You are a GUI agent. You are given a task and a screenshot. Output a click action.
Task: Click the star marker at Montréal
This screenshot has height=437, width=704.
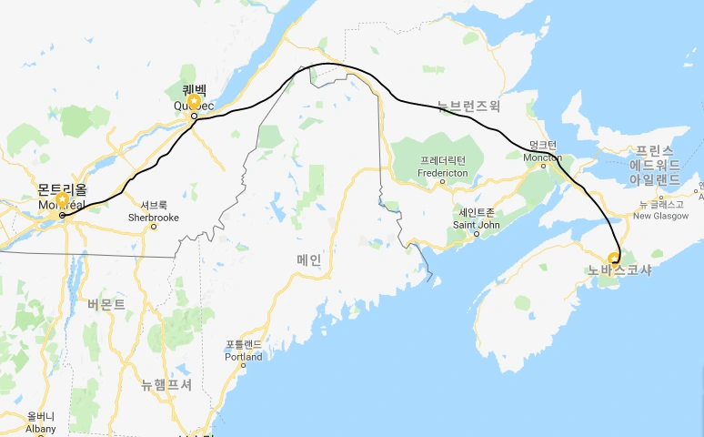62,199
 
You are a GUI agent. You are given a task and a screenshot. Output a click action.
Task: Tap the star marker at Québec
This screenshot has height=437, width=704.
193,102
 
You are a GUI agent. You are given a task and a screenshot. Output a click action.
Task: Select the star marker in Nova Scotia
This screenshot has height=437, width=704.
614,258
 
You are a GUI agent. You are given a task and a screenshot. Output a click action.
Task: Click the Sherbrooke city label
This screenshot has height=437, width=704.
154,218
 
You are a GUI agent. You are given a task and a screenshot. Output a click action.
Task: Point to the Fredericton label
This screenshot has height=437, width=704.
442,172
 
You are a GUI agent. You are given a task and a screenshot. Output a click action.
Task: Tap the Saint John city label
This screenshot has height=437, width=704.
475,224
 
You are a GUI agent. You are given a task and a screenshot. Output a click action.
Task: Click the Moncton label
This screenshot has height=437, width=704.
543,157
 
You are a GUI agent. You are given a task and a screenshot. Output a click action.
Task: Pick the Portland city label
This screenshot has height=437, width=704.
244,357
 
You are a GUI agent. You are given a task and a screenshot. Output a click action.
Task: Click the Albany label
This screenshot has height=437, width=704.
41,429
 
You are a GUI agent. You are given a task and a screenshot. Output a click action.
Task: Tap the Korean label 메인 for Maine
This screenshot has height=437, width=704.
309,259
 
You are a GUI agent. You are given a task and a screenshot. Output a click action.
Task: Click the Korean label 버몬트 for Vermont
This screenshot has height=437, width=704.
106,304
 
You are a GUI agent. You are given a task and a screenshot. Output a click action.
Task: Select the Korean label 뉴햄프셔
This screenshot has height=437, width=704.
166,384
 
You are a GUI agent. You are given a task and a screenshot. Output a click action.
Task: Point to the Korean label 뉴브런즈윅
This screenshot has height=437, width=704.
468,106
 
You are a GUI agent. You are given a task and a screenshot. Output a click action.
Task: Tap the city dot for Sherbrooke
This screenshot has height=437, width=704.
154,227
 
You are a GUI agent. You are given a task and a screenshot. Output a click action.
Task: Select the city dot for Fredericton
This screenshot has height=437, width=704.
442,181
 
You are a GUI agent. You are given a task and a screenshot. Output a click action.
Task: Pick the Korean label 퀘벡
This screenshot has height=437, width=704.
195,90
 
